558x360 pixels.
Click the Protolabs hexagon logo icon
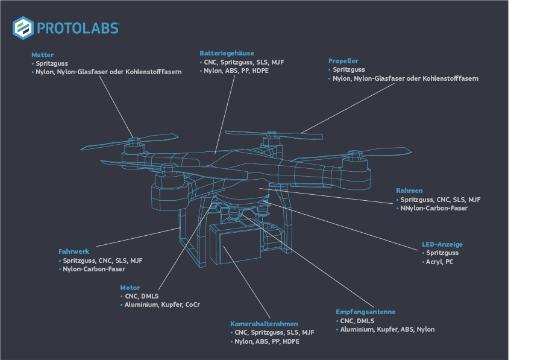[22, 28]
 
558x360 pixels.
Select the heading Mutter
[42, 55]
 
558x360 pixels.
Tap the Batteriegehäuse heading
[227, 53]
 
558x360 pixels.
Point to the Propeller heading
[343, 61]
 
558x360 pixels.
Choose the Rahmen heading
[409, 191]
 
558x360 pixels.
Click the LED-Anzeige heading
[442, 244]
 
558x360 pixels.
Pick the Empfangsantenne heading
[365, 312]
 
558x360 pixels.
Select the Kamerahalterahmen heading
[264, 324]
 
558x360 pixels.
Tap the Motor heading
[130, 288]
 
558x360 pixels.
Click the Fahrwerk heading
[74, 251]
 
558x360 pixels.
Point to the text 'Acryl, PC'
[440, 262]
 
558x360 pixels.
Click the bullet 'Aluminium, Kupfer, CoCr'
[162, 305]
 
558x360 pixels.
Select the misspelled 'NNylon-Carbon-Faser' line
[433, 209]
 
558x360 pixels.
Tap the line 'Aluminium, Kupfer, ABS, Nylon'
[387, 329]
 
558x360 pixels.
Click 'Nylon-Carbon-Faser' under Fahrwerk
[94, 269]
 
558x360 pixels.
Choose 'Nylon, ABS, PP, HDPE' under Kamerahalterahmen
[266, 341]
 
